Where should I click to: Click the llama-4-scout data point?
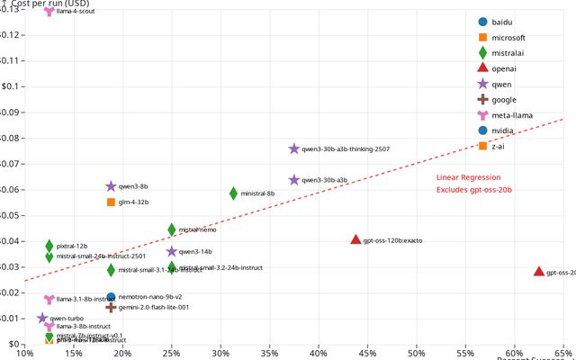[x=49, y=12]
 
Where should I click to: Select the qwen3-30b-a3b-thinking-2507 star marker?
[x=294, y=148]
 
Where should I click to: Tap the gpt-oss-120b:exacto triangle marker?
[x=355, y=240]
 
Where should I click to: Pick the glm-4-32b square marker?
[x=111, y=202]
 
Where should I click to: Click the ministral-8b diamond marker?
[x=233, y=193]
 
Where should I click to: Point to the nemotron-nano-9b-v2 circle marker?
[x=111, y=297]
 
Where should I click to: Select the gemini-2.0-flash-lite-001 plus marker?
[x=111, y=307]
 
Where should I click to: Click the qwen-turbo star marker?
[x=42, y=319]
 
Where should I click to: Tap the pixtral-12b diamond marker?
[x=49, y=246]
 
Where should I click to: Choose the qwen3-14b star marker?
[x=172, y=252]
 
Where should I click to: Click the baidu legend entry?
[x=505, y=22]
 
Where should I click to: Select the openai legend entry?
[x=505, y=68]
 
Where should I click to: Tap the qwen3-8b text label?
[x=133, y=186]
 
